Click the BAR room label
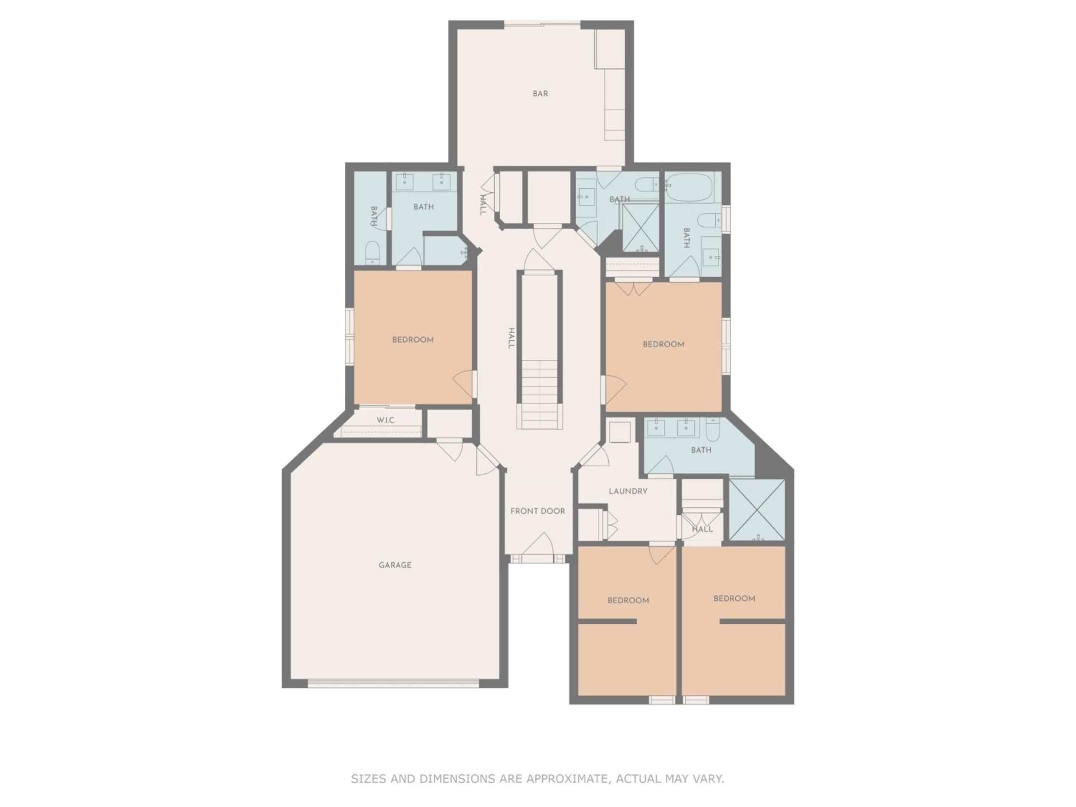(540, 93)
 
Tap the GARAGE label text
(395, 565)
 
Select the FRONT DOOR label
(538, 511)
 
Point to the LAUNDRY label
(628, 491)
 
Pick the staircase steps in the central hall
(539, 395)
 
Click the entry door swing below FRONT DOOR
(538, 543)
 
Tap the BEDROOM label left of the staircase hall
(412, 340)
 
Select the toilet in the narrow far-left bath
(372, 253)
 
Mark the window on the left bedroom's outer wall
(349, 337)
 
